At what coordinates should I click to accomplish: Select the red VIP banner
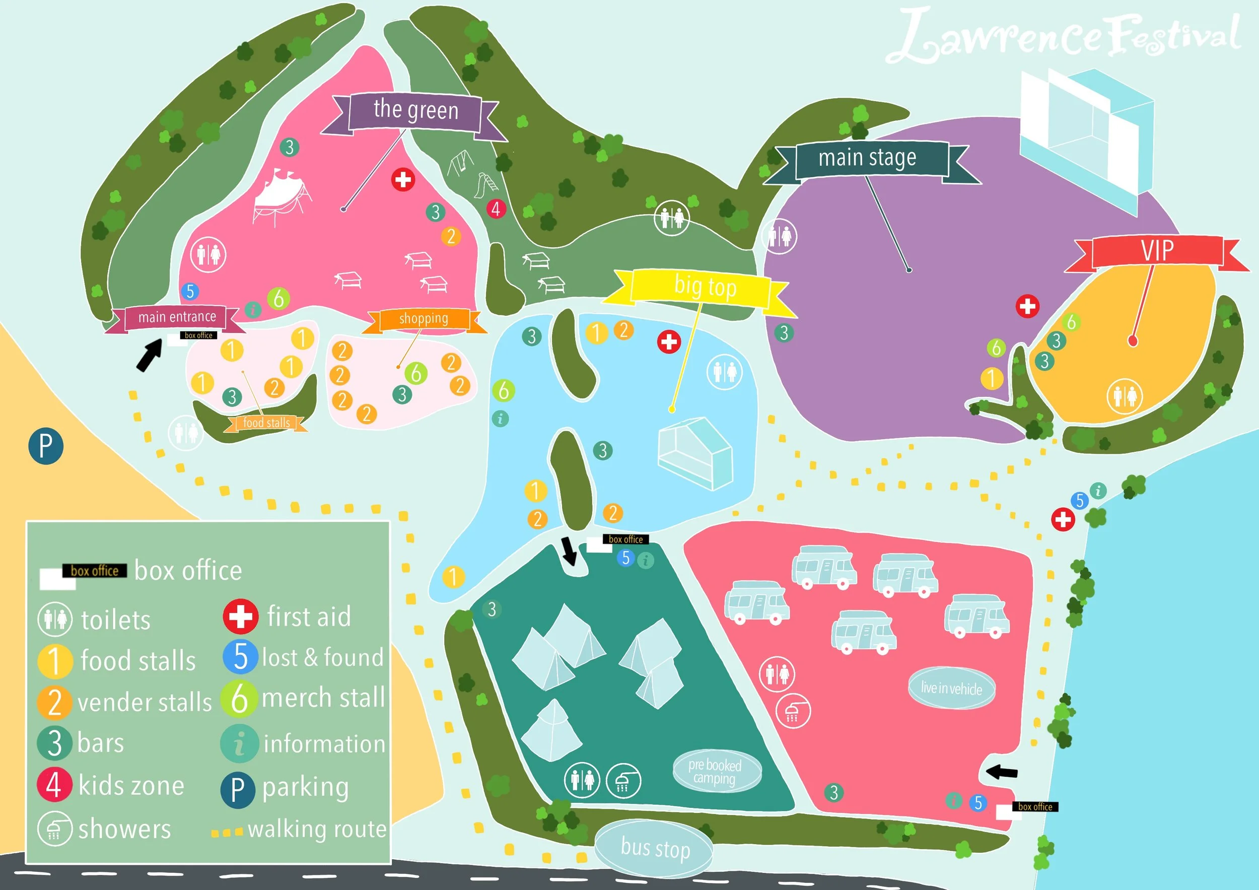tap(1157, 251)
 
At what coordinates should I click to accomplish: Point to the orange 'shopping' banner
tap(424, 319)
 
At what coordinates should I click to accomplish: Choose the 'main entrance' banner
tap(177, 317)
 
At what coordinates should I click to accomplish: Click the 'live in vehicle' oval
tap(951, 688)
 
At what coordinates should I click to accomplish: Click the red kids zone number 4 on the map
tap(496, 209)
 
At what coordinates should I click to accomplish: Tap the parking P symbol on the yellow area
tap(45, 446)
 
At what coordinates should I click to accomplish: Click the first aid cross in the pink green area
tap(403, 179)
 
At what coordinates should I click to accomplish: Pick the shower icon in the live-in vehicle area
tap(793, 712)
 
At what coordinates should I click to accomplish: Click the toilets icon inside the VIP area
tap(1125, 396)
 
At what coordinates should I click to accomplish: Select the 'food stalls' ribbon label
tap(266, 423)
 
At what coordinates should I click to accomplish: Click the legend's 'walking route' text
tap(317, 829)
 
